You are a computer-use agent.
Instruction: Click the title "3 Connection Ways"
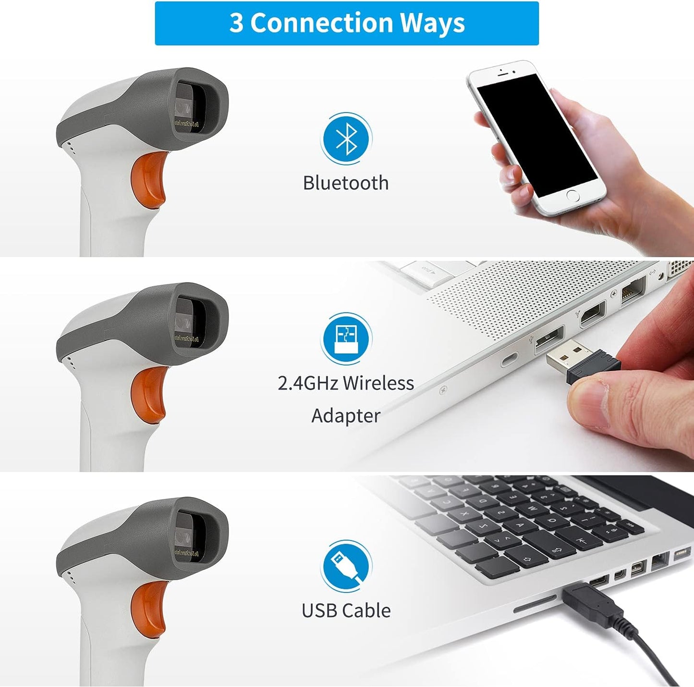pos(347,23)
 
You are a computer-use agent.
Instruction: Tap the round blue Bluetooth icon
pos(346,138)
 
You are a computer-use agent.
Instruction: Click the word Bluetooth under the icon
pos(346,183)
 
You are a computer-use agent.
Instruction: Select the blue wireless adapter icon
pos(346,338)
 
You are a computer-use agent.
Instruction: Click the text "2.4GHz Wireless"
pos(346,383)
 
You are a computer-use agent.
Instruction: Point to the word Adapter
pos(346,416)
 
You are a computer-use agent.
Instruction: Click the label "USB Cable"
pos(346,611)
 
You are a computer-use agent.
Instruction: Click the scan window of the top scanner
pos(192,108)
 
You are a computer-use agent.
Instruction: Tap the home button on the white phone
pos(572,196)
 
